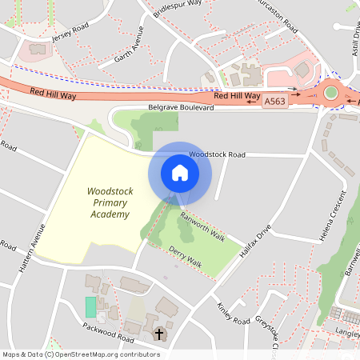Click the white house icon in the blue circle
click(180, 172)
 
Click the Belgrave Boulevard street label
click(182, 107)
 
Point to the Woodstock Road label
click(217, 154)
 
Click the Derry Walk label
click(185, 255)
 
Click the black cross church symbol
click(159, 333)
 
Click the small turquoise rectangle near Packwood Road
click(90, 306)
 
